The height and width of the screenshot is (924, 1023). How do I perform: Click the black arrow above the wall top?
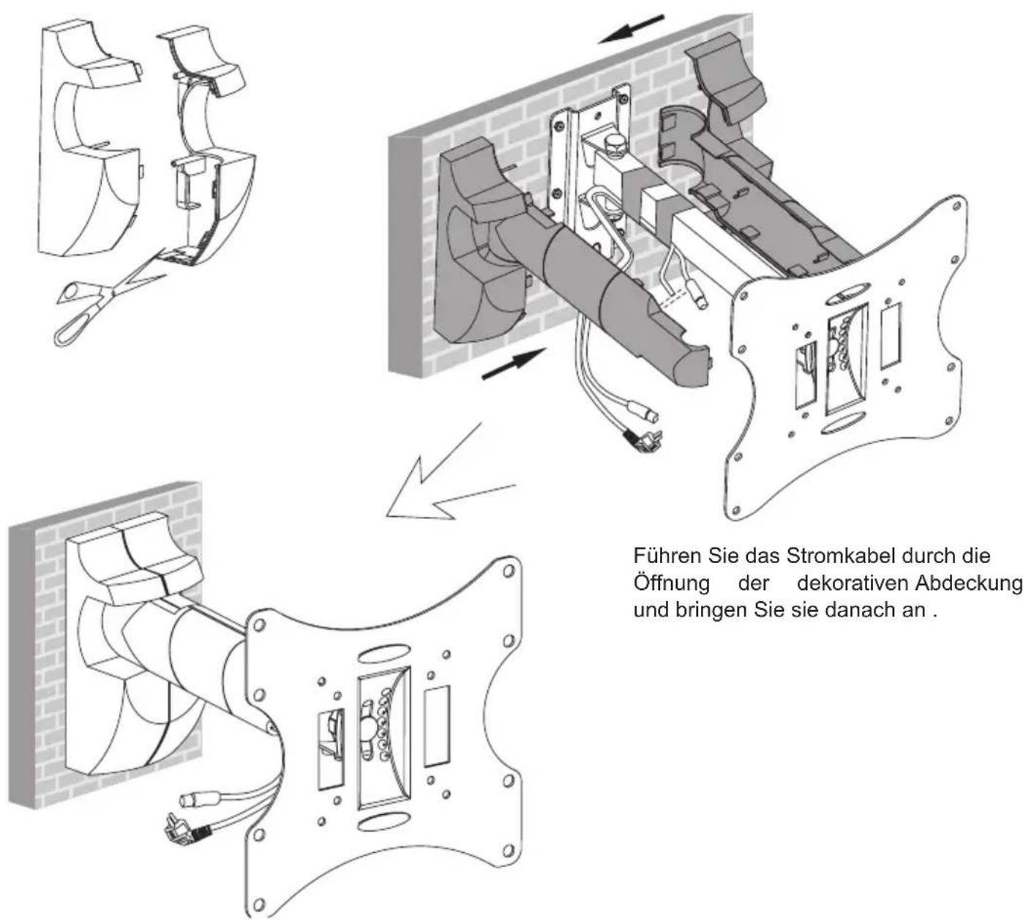click(632, 29)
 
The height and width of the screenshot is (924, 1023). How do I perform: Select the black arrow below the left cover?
click(514, 363)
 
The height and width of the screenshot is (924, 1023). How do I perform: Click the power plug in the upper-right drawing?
click(642, 434)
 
